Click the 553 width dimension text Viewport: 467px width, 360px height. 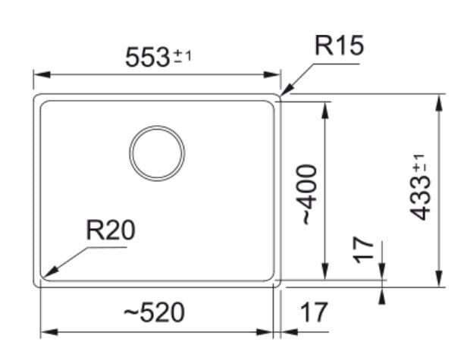(x=147, y=58)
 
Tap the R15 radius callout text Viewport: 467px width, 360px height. (x=339, y=45)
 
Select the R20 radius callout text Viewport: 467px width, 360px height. (x=111, y=230)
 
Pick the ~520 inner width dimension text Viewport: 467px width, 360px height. (x=154, y=313)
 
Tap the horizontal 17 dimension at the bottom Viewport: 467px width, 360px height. (x=314, y=313)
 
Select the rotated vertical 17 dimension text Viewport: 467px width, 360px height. (x=362, y=250)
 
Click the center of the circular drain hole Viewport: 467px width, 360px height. (x=157, y=153)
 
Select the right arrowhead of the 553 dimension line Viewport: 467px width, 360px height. (x=272, y=74)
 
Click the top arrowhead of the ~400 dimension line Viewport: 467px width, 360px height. (x=325, y=110)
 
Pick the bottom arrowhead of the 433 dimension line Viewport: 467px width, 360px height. (x=438, y=278)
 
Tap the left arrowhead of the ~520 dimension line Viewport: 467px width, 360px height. (x=49, y=332)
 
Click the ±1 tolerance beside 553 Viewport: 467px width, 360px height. (x=182, y=56)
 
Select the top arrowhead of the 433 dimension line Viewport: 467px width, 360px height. (x=438, y=103)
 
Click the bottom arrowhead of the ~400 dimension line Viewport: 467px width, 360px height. (x=325, y=271)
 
